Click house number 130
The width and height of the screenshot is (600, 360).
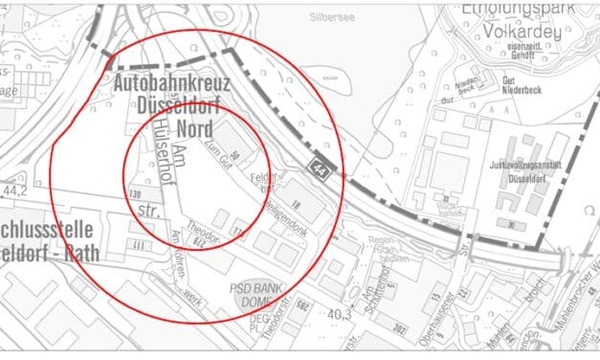pyautogui.click(x=135, y=195)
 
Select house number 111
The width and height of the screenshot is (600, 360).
pyautogui.click(x=143, y=247)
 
